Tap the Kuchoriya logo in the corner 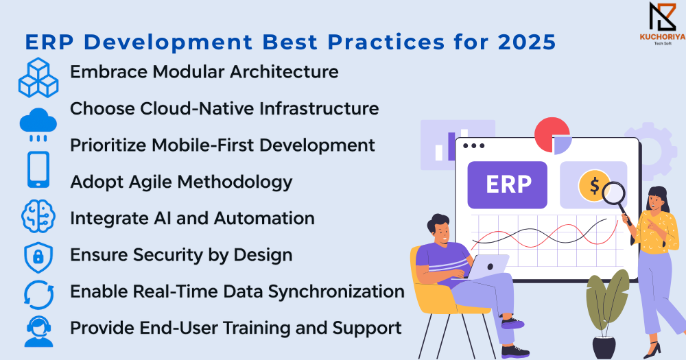click(x=663, y=23)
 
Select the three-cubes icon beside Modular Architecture click(x=38, y=77)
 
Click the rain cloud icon click(x=38, y=124)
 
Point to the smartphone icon click(x=38, y=170)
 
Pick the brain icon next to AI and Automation click(x=38, y=216)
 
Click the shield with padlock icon click(x=38, y=256)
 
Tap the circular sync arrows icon click(x=38, y=295)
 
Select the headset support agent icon click(x=38, y=332)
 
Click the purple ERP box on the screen click(x=508, y=184)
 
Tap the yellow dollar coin click(x=593, y=185)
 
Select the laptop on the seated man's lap click(x=487, y=267)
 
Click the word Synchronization click(x=336, y=292)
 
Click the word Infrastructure click(x=319, y=108)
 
